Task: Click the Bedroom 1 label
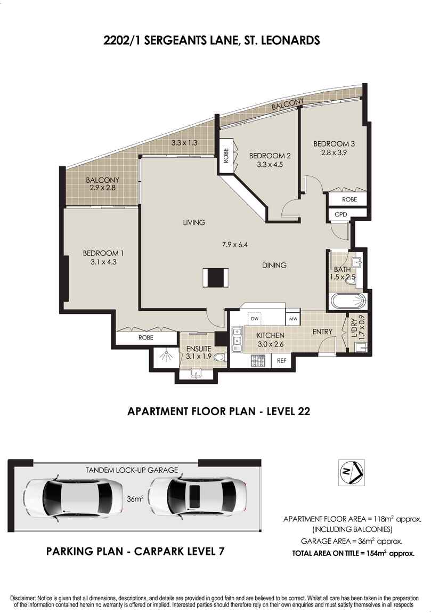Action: click(x=96, y=253)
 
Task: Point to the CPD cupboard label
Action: click(x=340, y=214)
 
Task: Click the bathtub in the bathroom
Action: click(x=349, y=302)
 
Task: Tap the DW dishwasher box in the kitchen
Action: click(x=255, y=318)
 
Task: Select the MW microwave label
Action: click(x=293, y=319)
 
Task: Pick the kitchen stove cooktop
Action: click(x=258, y=361)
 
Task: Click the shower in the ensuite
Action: click(x=166, y=356)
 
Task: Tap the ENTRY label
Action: click(x=322, y=332)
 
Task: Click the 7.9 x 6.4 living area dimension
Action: click(x=235, y=245)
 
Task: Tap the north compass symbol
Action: click(x=351, y=471)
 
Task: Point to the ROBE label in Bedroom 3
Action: click(x=349, y=199)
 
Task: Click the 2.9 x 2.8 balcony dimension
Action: click(x=102, y=189)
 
